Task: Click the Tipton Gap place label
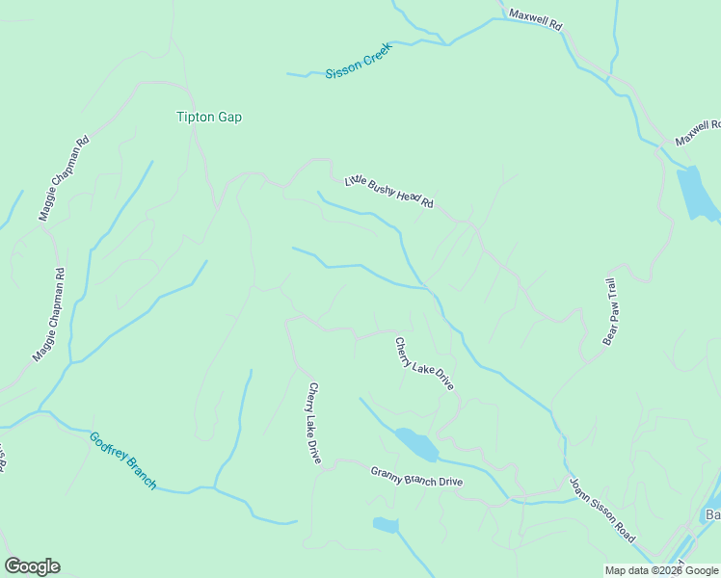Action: [x=209, y=118]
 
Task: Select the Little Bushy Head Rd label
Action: [x=389, y=193]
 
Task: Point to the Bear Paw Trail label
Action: [x=609, y=312]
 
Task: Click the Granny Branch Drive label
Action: [x=416, y=476]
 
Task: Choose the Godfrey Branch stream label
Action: [x=122, y=460]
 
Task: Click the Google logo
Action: [x=32, y=566]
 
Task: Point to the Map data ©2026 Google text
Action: [x=661, y=570]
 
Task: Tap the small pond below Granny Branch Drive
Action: [x=386, y=525]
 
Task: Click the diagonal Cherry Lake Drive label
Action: [x=424, y=362]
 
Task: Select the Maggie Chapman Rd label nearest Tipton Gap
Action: [x=64, y=178]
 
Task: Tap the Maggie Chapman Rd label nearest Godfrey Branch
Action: [x=50, y=314]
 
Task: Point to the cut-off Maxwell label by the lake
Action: [x=698, y=133]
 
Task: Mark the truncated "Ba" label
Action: [x=712, y=514]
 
